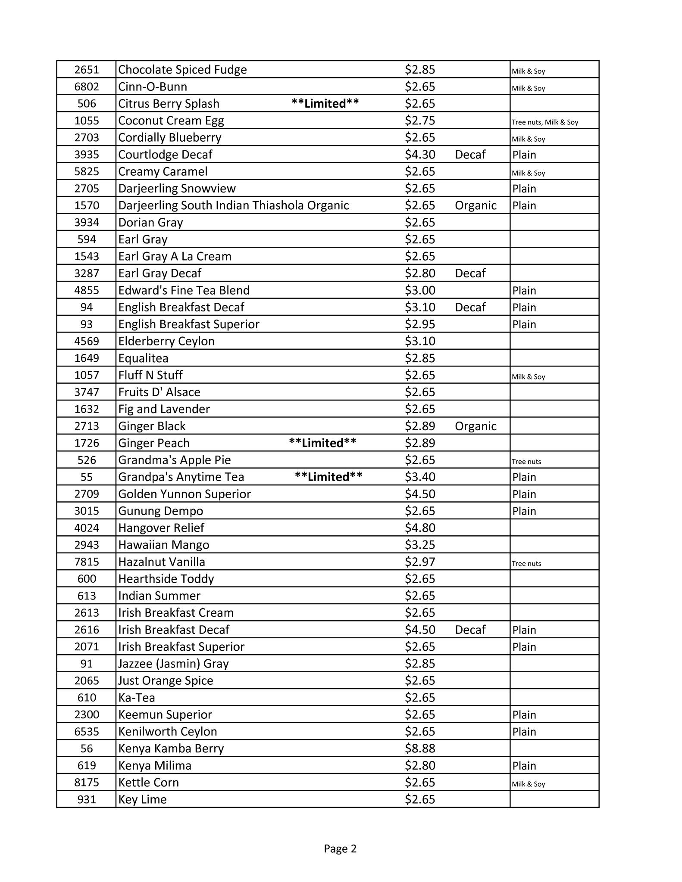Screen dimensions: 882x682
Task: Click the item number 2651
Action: (87, 70)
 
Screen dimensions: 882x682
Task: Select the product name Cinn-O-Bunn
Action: (153, 87)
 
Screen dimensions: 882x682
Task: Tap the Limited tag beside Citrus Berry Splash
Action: (325, 104)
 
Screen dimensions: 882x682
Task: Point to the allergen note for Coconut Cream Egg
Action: (545, 122)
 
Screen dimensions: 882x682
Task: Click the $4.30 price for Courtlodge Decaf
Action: (420, 155)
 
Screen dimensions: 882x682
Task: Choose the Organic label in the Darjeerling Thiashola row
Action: (476, 205)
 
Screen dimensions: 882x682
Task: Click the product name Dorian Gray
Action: (150, 223)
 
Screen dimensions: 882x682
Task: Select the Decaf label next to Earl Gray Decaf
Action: (470, 273)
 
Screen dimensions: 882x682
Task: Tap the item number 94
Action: (87, 307)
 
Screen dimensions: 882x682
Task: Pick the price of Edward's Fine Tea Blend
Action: (420, 290)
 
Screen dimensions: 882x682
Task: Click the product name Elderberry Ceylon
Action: (166, 342)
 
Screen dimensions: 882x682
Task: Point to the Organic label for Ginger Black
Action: (476, 426)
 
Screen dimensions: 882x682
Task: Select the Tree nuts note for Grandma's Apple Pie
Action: (526, 462)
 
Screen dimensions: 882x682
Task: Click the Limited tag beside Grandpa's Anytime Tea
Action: (328, 477)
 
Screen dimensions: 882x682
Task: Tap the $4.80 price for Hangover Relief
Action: (420, 528)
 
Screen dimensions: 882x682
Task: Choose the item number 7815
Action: (87, 562)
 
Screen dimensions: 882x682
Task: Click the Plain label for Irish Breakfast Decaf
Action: (524, 630)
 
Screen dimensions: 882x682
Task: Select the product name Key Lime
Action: (142, 800)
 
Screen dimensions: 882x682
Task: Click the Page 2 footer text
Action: (340, 849)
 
